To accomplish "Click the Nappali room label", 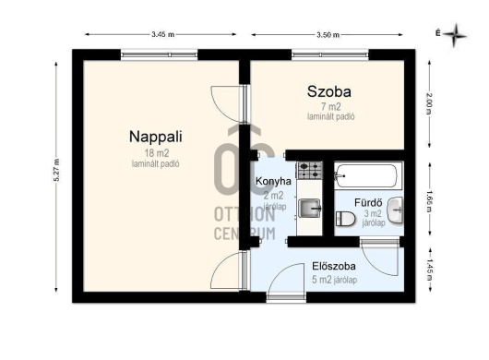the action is tap(156, 137).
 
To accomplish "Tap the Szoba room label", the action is tap(329, 91).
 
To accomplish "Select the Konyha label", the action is tap(273, 181).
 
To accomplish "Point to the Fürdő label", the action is tap(368, 202).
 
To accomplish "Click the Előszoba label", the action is tap(334, 266).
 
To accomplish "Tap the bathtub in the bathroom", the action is tap(368, 175).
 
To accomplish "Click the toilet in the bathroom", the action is tap(345, 219).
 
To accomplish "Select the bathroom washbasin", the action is tap(395, 210).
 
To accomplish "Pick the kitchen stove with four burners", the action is tap(310, 170).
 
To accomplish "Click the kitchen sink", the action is tap(310, 208).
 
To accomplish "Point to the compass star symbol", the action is tap(455, 35).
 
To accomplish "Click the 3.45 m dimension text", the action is tap(162, 35).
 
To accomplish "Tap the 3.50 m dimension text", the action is tap(328, 35).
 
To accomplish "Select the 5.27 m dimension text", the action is tap(56, 171).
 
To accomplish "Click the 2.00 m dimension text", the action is tap(429, 103).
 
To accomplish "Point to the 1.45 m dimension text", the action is tap(429, 270).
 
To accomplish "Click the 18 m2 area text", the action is tap(157, 153).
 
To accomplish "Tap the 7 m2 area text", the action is tap(331, 107).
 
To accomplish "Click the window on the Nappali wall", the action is tap(160, 54).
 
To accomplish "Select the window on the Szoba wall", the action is tap(330, 54).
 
